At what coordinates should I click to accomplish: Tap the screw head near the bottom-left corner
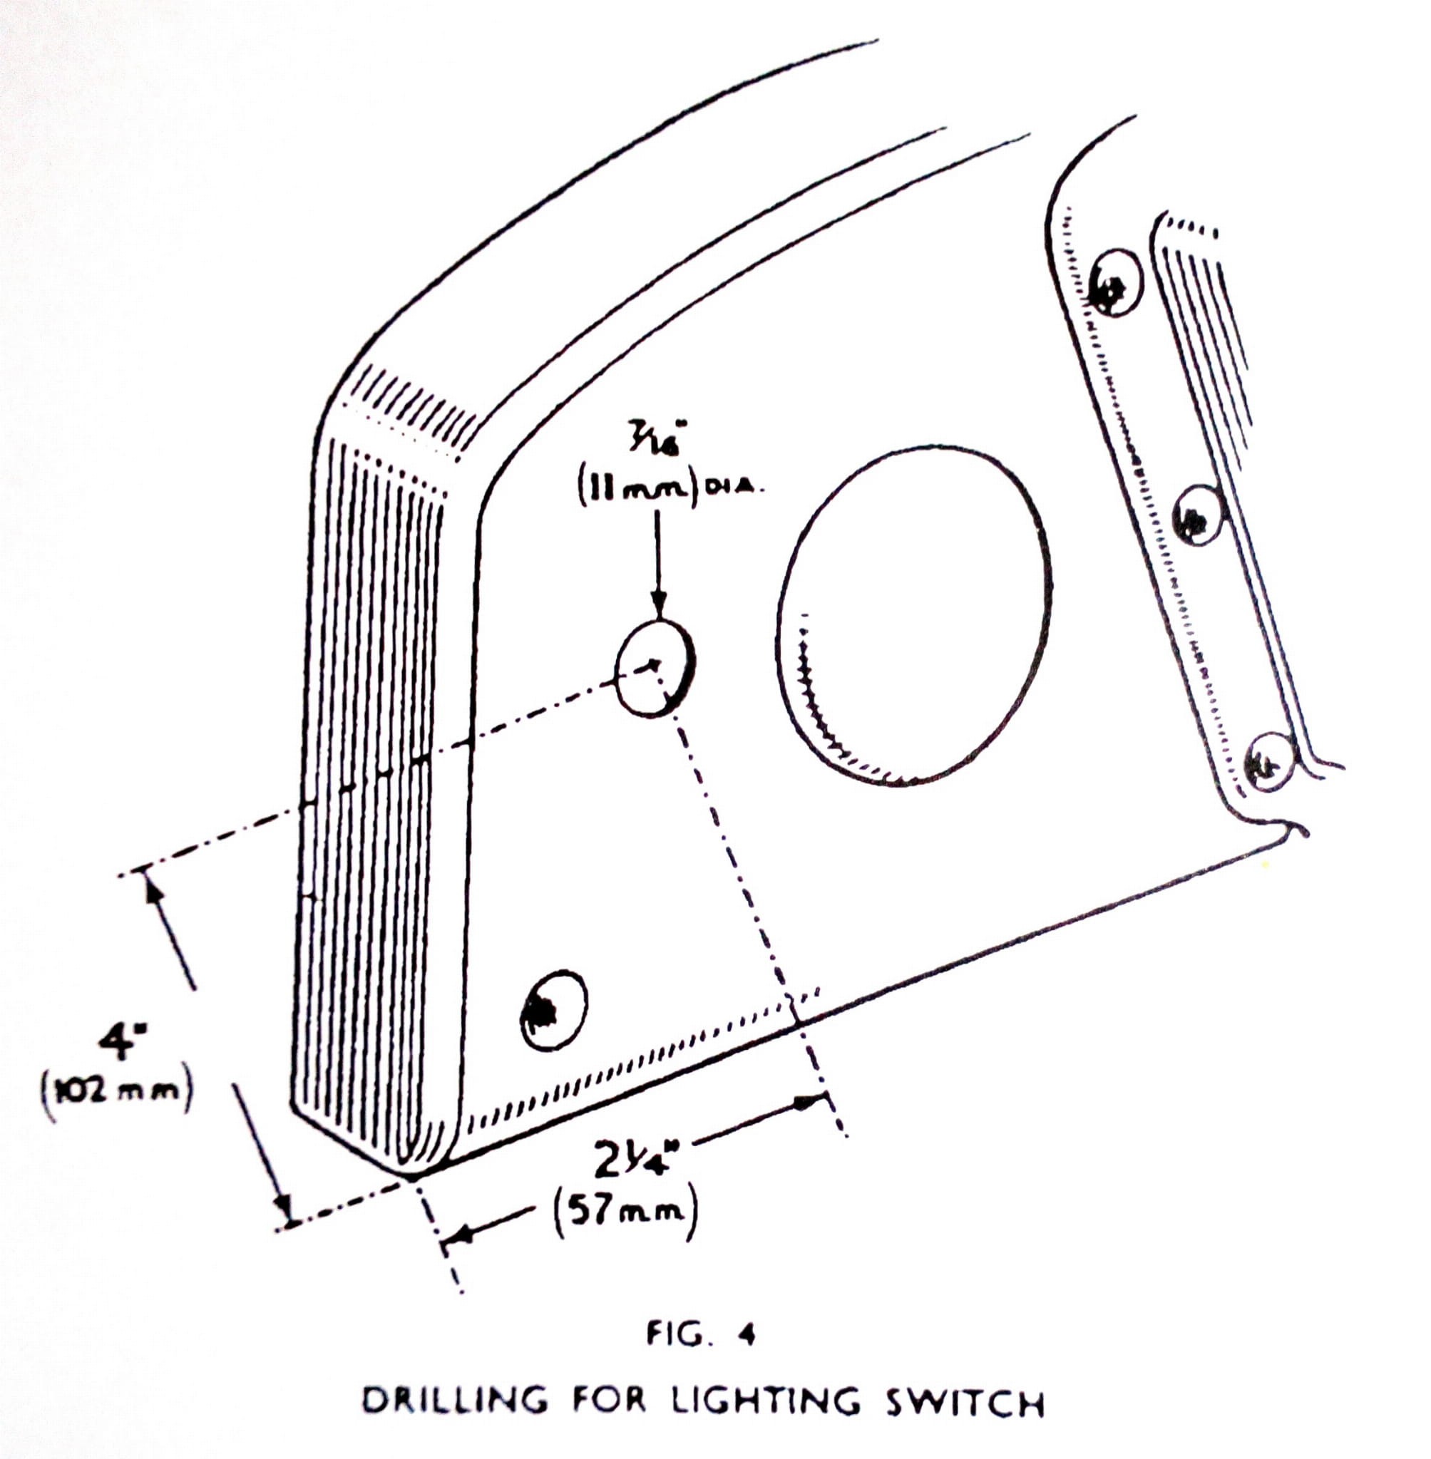pyautogui.click(x=554, y=1009)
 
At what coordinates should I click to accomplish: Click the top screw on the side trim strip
pyautogui.click(x=1116, y=282)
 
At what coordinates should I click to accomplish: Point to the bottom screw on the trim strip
pyautogui.click(x=1270, y=761)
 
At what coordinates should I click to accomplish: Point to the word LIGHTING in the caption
pyautogui.click(x=766, y=1401)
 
